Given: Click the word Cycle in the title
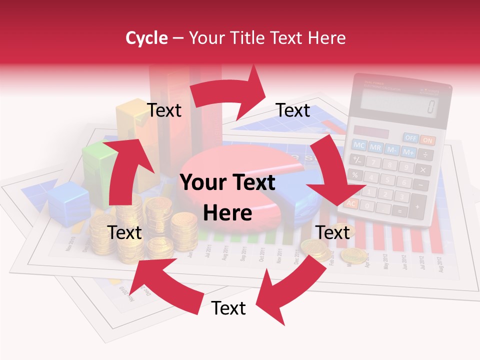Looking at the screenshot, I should click(x=146, y=38).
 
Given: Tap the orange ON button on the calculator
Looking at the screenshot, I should click(x=427, y=140).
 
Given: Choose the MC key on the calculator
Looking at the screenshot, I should click(x=359, y=145).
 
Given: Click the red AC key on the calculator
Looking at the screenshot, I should click(x=351, y=203).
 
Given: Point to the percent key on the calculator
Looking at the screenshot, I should click(x=354, y=174).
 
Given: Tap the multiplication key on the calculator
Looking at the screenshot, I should click(x=423, y=170).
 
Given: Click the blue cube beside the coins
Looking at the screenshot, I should click(x=68, y=202).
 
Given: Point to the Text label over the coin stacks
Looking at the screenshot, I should click(x=124, y=232).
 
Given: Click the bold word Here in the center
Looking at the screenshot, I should click(x=227, y=213).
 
